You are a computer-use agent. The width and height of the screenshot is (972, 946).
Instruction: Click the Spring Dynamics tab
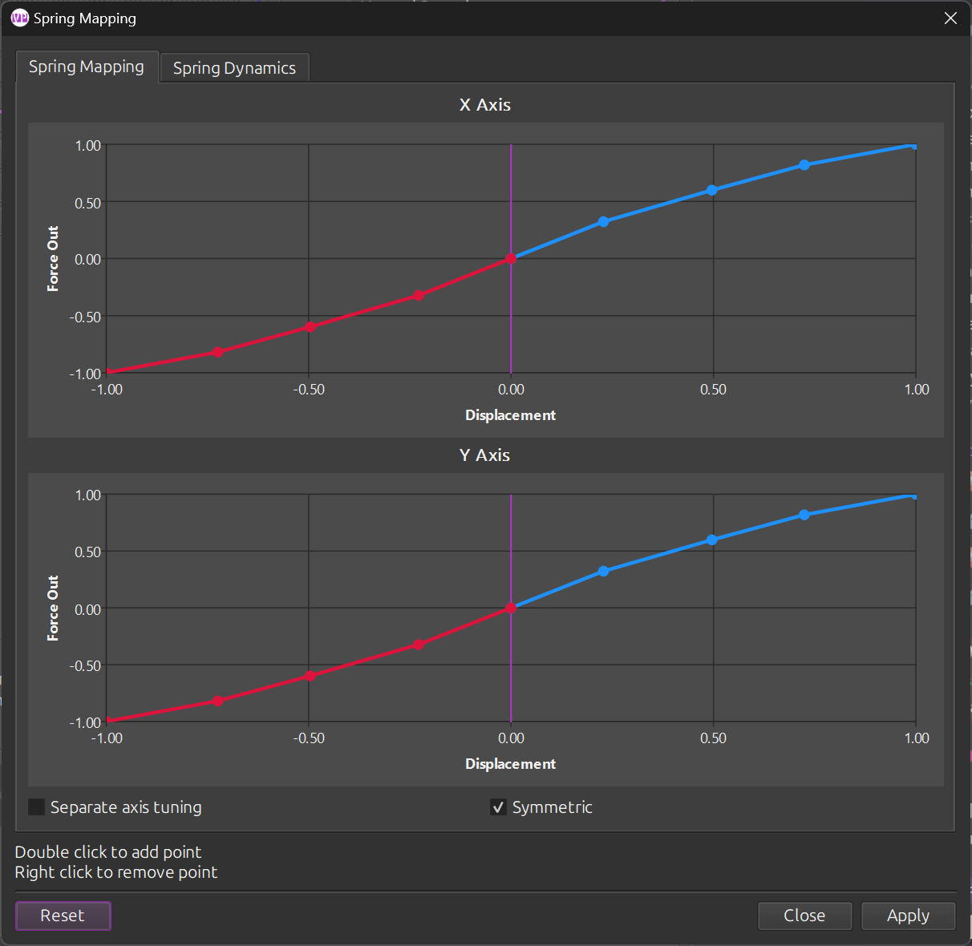pyautogui.click(x=234, y=68)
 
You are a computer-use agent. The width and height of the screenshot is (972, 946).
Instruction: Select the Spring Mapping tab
pyautogui.click(x=87, y=67)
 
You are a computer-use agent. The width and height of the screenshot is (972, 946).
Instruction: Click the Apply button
pyautogui.click(x=908, y=916)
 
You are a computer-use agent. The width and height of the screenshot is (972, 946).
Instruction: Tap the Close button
pyautogui.click(x=804, y=916)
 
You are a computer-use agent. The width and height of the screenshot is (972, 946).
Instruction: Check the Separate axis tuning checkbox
pyautogui.click(x=37, y=807)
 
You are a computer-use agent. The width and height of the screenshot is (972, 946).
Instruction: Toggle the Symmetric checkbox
pyautogui.click(x=498, y=807)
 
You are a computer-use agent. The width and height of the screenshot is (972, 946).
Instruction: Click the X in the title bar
pyautogui.click(x=950, y=18)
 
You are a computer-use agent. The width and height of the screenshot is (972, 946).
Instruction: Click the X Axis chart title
pyautogui.click(x=485, y=105)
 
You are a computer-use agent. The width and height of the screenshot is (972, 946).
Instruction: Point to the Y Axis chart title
pyautogui.click(x=485, y=455)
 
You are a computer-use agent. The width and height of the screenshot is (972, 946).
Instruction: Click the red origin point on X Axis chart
pyautogui.click(x=511, y=259)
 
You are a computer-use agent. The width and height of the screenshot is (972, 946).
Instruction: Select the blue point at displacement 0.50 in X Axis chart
pyautogui.click(x=712, y=190)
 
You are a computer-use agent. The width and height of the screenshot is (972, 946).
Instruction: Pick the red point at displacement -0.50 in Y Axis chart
pyautogui.click(x=310, y=676)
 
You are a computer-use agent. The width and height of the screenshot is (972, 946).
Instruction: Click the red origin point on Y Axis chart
pyautogui.click(x=511, y=608)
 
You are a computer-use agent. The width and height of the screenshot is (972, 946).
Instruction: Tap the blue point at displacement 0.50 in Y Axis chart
pyautogui.click(x=712, y=540)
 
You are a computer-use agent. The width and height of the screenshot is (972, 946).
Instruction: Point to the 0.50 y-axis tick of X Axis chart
pyautogui.click(x=88, y=203)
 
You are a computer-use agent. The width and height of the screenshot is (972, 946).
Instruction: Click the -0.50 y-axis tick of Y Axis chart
pyautogui.click(x=86, y=666)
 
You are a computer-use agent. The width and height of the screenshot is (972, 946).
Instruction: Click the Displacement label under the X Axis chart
pyautogui.click(x=510, y=415)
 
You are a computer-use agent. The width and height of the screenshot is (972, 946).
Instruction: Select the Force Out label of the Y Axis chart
pyautogui.click(x=53, y=608)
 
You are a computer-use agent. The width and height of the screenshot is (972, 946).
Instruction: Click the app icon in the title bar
pyautogui.click(x=20, y=18)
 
